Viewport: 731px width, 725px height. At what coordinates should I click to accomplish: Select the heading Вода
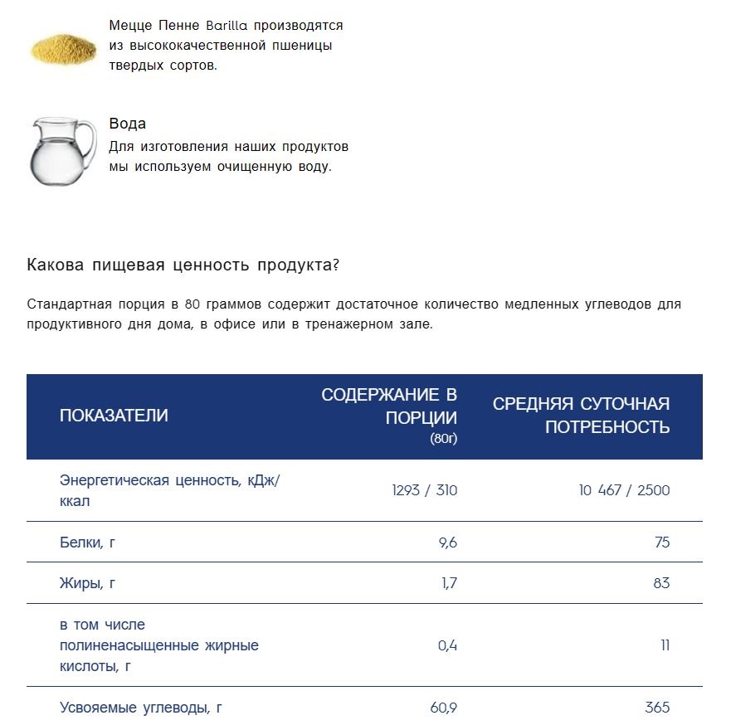coord(128,124)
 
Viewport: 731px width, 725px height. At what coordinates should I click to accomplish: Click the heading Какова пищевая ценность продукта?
coord(183,265)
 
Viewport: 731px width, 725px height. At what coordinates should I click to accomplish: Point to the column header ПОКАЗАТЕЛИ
coord(114,416)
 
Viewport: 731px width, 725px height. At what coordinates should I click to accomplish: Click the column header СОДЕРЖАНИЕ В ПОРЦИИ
coord(389,406)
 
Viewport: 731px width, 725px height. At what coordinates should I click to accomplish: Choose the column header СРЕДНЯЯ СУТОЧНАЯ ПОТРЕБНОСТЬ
coord(581,416)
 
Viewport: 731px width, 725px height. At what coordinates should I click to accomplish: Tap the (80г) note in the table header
coord(443,438)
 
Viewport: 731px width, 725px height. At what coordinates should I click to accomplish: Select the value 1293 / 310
coord(424,490)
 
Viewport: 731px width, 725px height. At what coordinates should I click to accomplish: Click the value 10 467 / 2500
coord(624,490)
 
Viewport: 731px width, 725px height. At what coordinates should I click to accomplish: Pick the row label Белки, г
coord(87,543)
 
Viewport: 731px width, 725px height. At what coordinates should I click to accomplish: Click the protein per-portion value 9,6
coord(447,543)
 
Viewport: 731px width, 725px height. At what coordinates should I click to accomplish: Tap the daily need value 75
coord(661,543)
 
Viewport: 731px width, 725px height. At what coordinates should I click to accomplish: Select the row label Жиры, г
coord(87,583)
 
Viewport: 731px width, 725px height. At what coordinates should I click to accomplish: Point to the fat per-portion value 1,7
coord(449,583)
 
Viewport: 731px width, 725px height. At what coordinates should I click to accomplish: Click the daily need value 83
coord(661,583)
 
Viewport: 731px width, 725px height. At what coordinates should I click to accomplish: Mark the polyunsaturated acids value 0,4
coord(447,645)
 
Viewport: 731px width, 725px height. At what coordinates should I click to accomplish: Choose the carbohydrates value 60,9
coord(444,708)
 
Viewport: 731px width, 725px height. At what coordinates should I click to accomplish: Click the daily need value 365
coord(657,708)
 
